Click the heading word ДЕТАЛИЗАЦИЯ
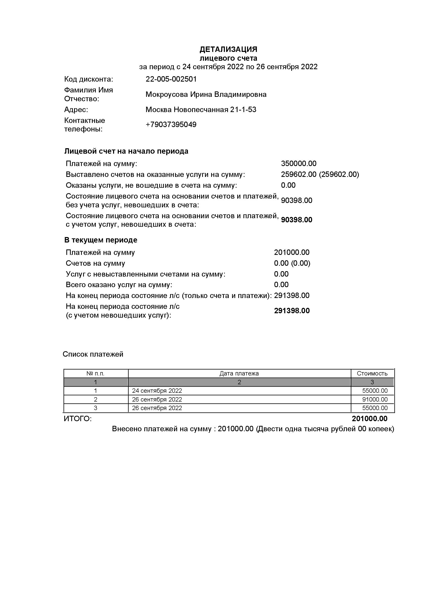[228, 49]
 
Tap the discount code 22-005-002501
[171, 79]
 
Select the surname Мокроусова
[167, 95]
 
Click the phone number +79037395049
[171, 124]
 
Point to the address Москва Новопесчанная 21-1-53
[201, 109]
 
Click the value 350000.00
[299, 164]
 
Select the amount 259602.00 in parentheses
[339, 174]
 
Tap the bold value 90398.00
[297, 220]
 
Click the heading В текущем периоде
[101, 240]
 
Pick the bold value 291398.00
[292, 311]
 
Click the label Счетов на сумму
[96, 263]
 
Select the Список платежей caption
[93, 354]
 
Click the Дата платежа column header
[239, 373]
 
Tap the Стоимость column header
[372, 373]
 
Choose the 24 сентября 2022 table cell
[157, 391]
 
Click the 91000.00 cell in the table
[375, 399]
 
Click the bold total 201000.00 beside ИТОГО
[369, 419]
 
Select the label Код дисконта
[89, 79]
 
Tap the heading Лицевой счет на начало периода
[126, 151]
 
